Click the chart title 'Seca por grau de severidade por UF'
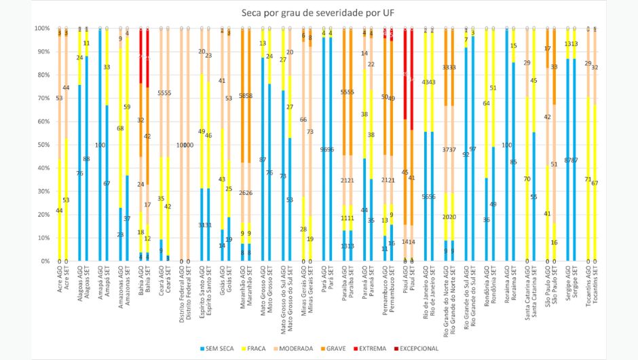318,13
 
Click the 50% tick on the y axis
43,145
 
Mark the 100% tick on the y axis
41,29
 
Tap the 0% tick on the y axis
44,261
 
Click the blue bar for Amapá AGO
100,145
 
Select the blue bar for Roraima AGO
506,145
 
